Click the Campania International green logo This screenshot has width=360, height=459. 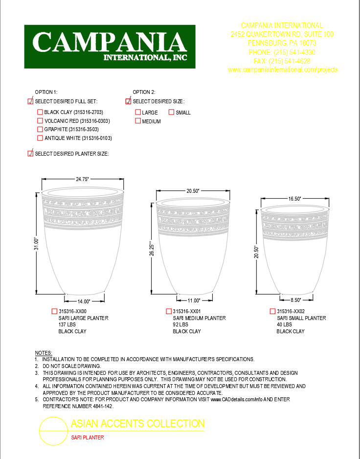point(110,46)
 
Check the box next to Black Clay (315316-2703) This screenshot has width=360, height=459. point(40,112)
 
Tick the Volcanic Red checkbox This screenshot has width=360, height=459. point(40,120)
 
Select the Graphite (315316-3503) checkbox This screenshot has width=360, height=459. point(40,129)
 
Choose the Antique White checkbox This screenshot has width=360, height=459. point(40,138)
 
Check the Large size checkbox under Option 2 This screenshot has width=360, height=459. point(138,112)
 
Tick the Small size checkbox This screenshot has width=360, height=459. point(172,112)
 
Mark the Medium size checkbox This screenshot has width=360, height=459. point(138,121)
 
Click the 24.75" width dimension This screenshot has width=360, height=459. point(82,180)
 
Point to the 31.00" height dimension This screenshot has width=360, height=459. point(36,243)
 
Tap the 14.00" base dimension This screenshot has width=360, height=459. point(84,301)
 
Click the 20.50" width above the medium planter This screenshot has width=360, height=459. point(193,191)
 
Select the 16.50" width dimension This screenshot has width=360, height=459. point(294,199)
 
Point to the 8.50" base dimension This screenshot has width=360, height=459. point(295,300)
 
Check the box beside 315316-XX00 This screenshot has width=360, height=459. point(54,311)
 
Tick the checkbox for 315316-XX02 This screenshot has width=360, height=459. point(272,311)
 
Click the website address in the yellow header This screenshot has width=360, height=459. point(282,70)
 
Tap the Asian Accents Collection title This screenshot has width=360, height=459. point(138,424)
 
